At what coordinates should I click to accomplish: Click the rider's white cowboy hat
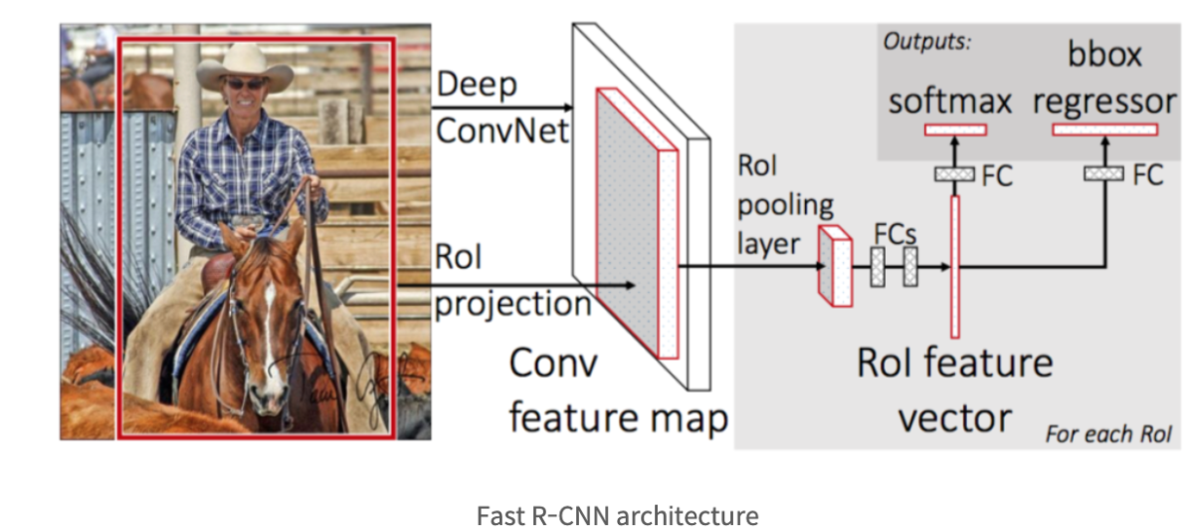pos(244,67)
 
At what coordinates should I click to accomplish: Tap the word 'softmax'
pos(950,100)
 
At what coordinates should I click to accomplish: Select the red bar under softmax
pos(955,129)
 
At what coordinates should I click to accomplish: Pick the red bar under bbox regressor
pos(1105,129)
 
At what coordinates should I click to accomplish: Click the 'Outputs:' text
pos(927,43)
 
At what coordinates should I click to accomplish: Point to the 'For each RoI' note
pos(1108,433)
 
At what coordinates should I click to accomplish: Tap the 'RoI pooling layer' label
pos(786,205)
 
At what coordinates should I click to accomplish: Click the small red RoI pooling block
pos(835,266)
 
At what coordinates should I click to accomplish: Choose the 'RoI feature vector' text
pos(955,391)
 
